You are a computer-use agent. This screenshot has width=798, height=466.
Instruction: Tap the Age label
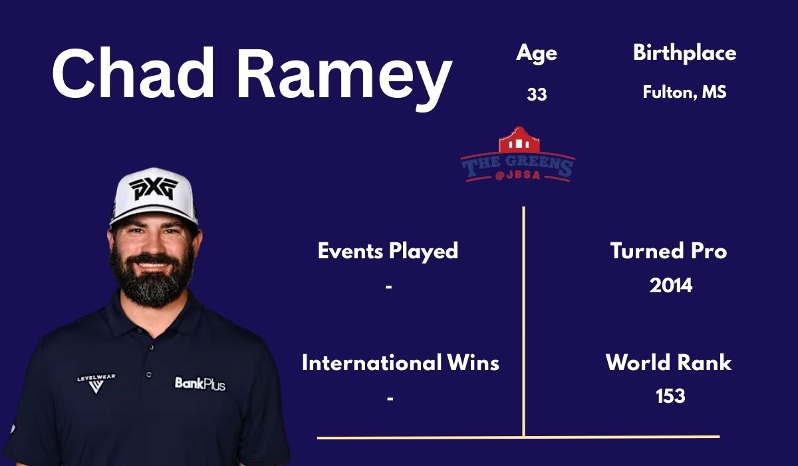coord(536,54)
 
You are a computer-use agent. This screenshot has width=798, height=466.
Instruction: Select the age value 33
coord(537,95)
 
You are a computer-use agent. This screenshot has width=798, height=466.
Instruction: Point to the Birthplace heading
coord(684,53)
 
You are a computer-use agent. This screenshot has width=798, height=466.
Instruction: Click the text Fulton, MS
coord(684,93)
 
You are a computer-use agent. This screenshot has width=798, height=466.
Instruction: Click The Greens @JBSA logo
coord(518,156)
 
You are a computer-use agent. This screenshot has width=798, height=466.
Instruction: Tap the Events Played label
coord(388,251)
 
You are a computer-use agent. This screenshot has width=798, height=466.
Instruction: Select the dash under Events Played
coord(389,286)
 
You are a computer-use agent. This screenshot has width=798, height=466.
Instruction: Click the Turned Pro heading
coord(668,251)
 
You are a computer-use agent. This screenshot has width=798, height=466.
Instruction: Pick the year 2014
coord(670,286)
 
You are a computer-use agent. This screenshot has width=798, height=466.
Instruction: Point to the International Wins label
coord(400,363)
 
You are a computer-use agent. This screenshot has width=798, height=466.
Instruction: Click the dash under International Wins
coord(390,398)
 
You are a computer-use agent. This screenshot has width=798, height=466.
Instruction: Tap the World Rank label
coord(668,363)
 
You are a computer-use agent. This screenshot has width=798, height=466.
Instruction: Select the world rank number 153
coord(670,396)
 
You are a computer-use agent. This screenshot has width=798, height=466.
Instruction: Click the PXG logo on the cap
coord(154,188)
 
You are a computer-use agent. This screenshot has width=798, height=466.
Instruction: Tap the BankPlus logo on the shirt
coord(200,383)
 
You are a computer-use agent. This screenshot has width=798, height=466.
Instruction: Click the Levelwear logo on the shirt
coord(96,383)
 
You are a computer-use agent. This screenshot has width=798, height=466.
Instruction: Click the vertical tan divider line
coord(523,320)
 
